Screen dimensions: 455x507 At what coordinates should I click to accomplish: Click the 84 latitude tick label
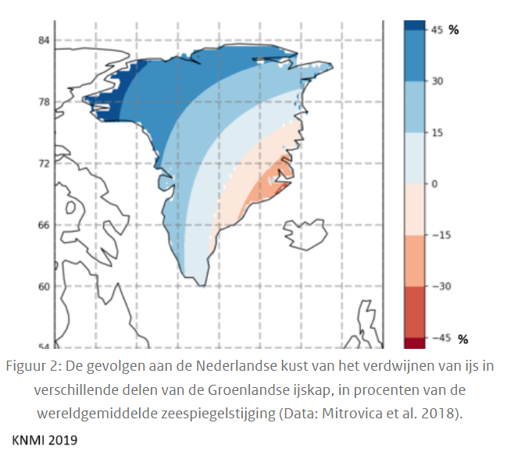pos(44,41)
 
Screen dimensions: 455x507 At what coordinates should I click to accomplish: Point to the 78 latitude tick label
pos(44,102)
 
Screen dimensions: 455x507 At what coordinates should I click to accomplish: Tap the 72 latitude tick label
pos(44,164)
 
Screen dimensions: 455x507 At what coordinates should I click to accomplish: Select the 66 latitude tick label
pos(44,226)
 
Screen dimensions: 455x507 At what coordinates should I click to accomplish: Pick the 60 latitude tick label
pos(44,286)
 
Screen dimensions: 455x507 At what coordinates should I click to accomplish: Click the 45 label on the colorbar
pos(437,30)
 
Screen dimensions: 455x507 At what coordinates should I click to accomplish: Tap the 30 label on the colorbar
pos(437,81)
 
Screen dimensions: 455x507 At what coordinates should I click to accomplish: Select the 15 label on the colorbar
pos(437,133)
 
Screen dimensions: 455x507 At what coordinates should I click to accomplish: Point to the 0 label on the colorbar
pos(434,184)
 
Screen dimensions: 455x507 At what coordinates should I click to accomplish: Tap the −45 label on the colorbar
pos(441,339)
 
